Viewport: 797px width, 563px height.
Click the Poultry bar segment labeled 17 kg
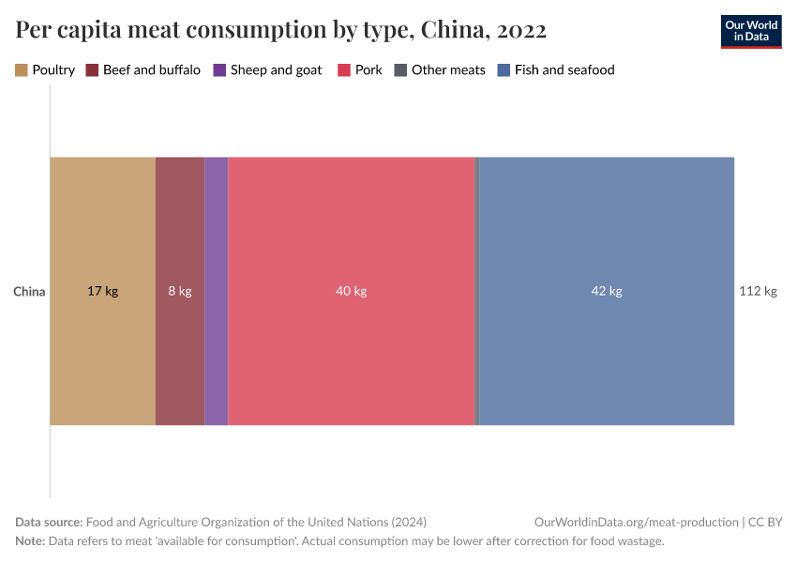tap(102, 291)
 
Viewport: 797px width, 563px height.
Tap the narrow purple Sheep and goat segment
tap(217, 291)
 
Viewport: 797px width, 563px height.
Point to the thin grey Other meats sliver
tap(477, 291)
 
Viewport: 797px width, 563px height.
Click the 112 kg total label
tap(758, 291)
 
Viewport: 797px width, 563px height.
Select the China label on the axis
tap(29, 292)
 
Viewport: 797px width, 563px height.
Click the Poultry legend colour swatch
tap(22, 70)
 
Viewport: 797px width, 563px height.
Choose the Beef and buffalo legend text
tap(151, 70)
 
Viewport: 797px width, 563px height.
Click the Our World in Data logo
tap(750, 32)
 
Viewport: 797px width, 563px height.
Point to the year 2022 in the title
tap(521, 30)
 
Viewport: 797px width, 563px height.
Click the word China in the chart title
tap(451, 30)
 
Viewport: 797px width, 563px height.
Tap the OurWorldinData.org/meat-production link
tap(635, 522)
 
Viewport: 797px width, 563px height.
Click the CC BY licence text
tap(765, 522)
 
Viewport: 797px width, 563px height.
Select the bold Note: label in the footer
tap(31, 541)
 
